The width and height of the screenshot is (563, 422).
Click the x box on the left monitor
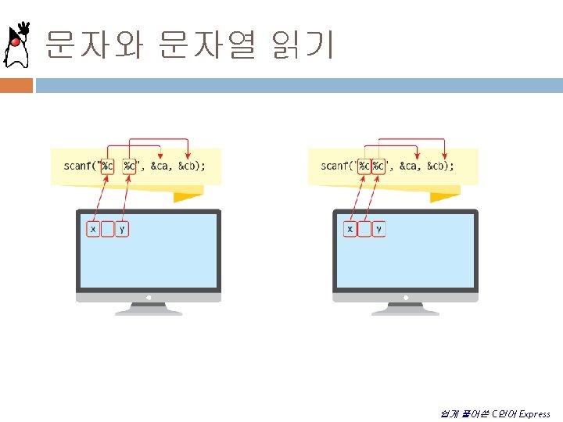point(93,229)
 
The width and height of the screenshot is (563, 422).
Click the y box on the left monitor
point(122,229)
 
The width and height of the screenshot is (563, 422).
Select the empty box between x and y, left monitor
point(108,229)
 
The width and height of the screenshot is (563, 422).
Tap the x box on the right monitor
point(350,229)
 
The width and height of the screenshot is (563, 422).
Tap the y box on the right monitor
point(378,229)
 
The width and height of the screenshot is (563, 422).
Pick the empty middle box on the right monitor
point(364,229)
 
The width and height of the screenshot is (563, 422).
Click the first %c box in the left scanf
point(107,166)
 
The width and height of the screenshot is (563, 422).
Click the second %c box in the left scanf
point(129,166)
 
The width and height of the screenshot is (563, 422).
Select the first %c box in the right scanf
point(364,166)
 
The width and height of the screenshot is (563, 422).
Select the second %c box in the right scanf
point(378,166)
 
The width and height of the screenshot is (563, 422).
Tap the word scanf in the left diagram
point(78,166)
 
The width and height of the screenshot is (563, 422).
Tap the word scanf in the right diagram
point(335,166)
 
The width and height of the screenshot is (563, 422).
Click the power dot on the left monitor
point(149,298)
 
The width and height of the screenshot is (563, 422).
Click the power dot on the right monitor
point(405,298)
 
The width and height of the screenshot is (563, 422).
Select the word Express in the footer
point(534,414)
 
